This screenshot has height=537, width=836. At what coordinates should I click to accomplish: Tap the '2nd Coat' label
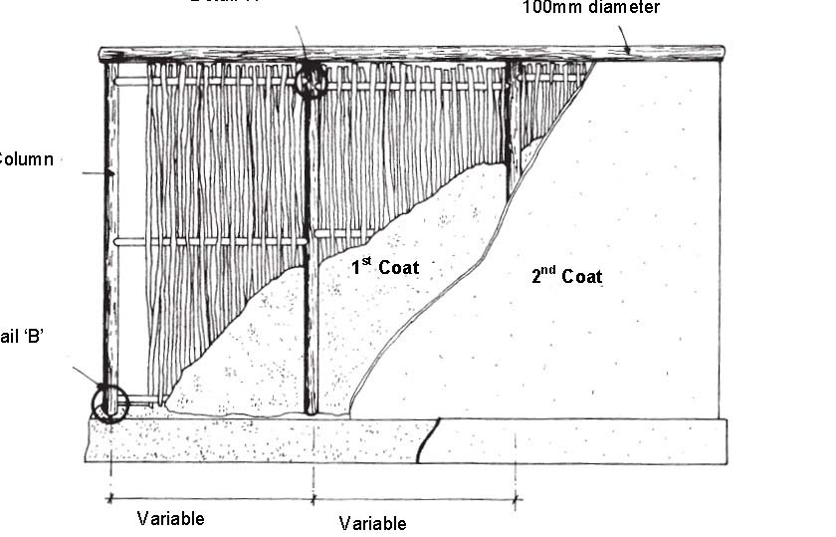pos(566,276)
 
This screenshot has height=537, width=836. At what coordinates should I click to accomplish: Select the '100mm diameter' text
pos(591,8)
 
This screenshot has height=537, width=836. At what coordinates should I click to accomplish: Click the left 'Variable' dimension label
pos(171,518)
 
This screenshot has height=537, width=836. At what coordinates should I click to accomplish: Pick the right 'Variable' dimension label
pos(372,523)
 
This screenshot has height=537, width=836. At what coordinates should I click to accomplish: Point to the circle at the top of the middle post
pos(311,79)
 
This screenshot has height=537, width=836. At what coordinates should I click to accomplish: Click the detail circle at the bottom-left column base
pos(110,404)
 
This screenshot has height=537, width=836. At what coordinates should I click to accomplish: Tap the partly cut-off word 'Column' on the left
pos(26,158)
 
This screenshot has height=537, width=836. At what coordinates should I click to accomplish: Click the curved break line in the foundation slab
pos(427,441)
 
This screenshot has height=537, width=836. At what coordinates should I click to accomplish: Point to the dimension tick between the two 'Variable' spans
pos(313,495)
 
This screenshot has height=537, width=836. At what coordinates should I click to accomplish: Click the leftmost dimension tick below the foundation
pos(108,495)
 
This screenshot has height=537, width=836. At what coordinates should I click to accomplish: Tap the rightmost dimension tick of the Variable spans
pos(516,495)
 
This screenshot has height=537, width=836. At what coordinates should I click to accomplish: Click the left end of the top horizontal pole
pos(103,54)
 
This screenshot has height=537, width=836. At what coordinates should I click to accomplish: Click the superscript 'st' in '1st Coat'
pos(366,261)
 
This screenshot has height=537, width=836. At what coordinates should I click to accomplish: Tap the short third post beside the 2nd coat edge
pos(512,130)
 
